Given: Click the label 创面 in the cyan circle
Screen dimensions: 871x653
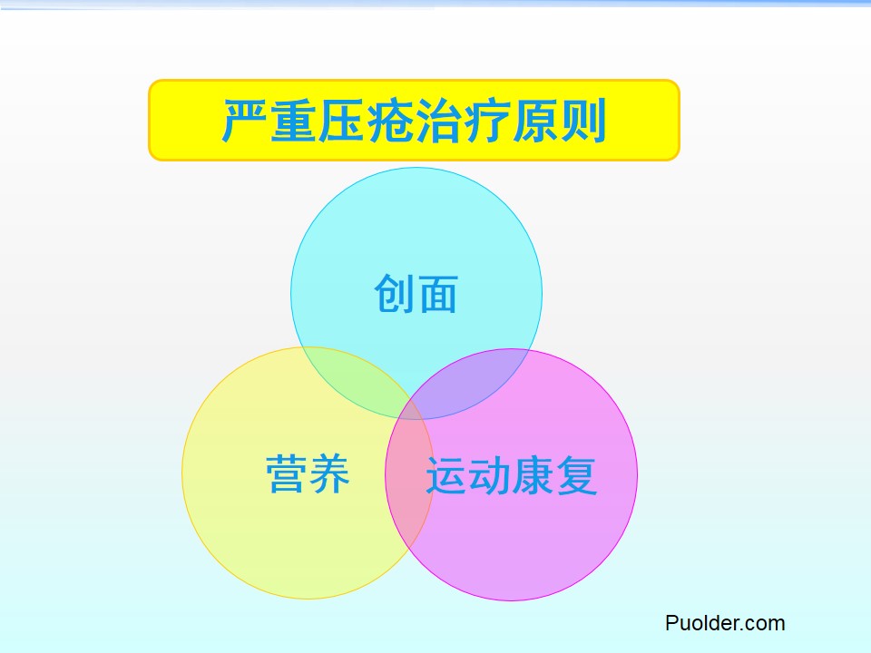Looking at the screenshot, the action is (x=416, y=294).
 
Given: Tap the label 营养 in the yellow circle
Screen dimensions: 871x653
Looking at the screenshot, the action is (x=308, y=473).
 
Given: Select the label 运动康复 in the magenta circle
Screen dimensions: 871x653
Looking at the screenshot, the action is (x=511, y=475).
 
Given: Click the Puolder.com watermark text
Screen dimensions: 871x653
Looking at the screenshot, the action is (x=725, y=623).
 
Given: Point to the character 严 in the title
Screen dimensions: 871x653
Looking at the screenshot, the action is (x=246, y=121).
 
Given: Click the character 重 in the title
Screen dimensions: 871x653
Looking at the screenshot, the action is (x=293, y=121).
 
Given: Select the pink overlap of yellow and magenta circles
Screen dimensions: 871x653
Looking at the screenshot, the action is (x=410, y=472).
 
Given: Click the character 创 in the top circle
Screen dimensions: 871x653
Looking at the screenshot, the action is (x=395, y=294).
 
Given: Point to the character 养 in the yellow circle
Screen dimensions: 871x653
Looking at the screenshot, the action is (x=329, y=473).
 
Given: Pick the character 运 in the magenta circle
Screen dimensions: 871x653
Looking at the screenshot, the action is (x=446, y=475).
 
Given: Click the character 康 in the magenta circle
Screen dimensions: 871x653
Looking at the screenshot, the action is (x=533, y=475).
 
